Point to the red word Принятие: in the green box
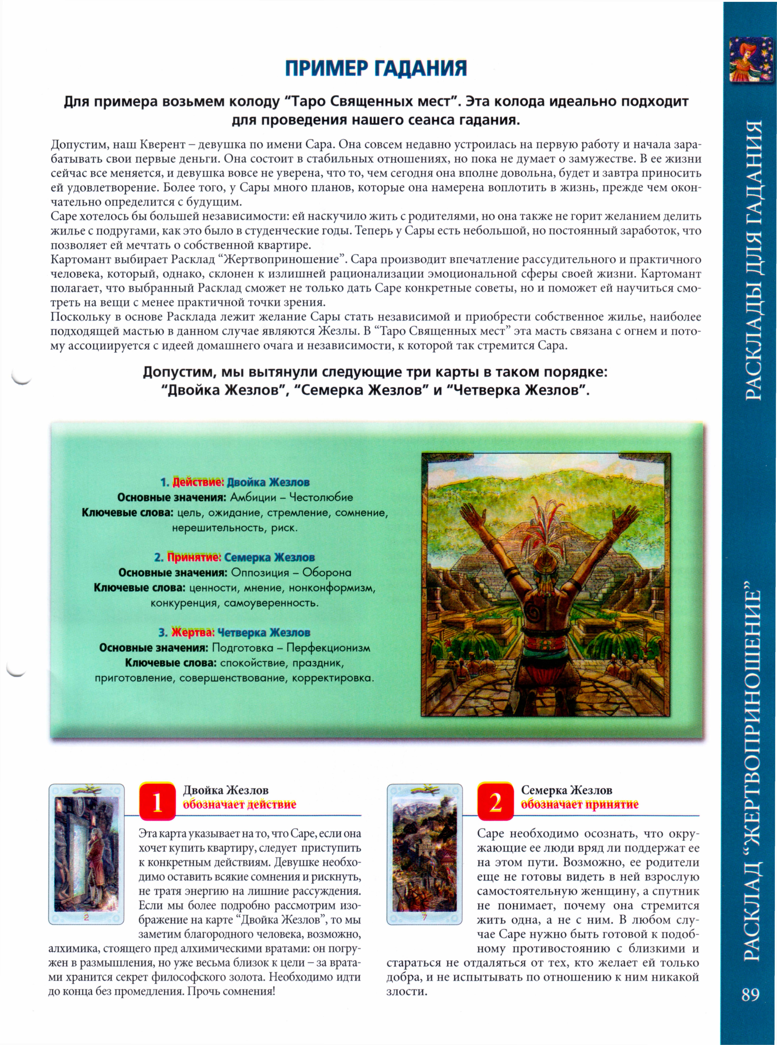coord(194,557)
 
